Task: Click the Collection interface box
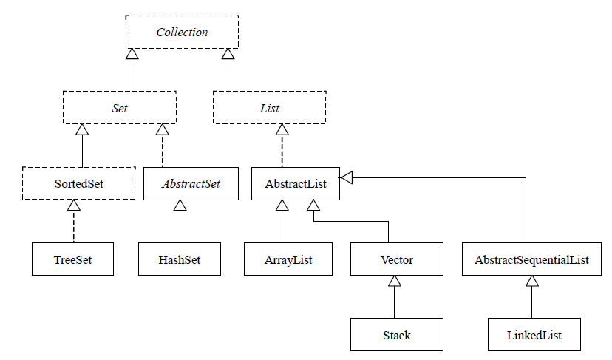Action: click(182, 33)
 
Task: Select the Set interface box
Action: click(120, 108)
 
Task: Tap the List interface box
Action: click(269, 108)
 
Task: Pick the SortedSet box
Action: click(78, 183)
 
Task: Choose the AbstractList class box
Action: click(296, 183)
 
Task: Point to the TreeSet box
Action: click(72, 260)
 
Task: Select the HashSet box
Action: click(180, 260)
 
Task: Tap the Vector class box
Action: click(396, 260)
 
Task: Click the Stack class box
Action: click(396, 335)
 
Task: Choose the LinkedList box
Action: click(534, 335)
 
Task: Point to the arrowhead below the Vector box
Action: click(395, 282)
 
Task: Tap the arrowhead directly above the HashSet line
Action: click(180, 206)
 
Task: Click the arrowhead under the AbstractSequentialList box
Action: click(531, 282)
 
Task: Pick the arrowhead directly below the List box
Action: click(282, 129)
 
